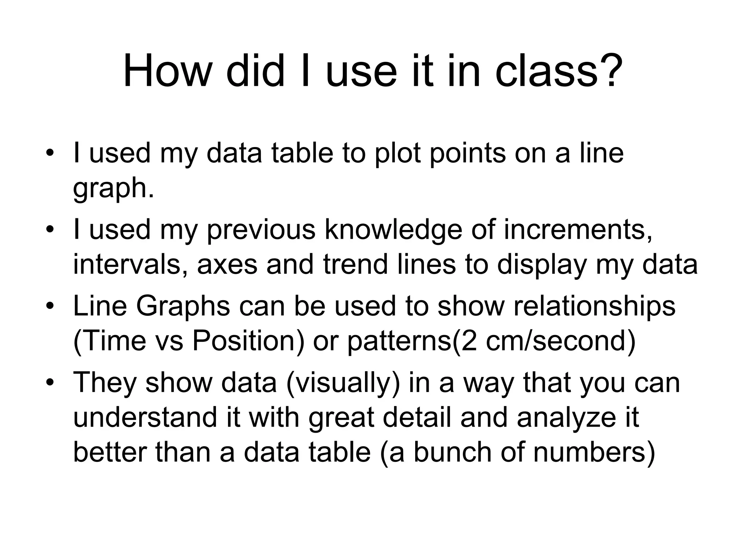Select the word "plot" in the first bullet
click(397, 153)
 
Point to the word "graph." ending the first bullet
click(114, 188)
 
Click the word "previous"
click(261, 230)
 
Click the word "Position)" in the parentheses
click(248, 341)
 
